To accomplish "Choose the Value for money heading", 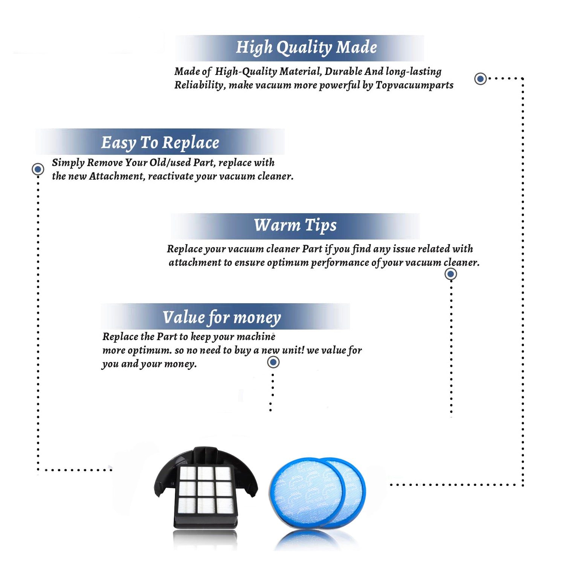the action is pos(222,318).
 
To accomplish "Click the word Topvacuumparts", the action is pos(414,86).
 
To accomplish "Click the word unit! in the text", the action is pos(293,350).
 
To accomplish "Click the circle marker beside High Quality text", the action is pos(480,79).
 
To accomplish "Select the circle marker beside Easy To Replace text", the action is pos(38,169).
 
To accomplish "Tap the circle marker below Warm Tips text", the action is pos(451,274).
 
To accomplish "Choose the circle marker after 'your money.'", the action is pos(273,362).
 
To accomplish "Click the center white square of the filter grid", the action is pos(206,489).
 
